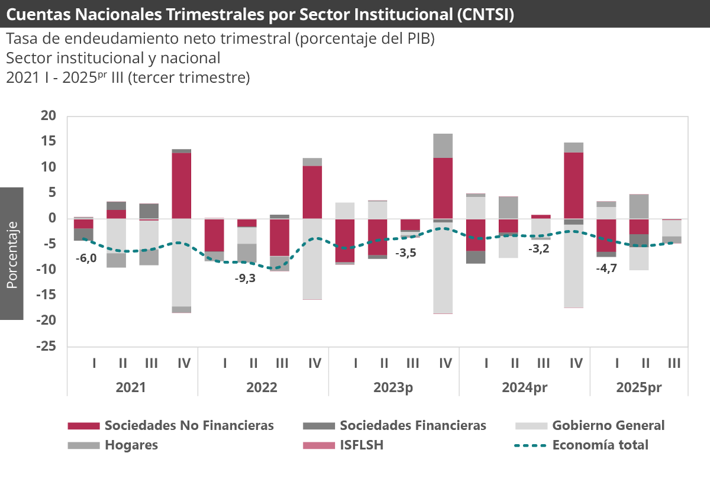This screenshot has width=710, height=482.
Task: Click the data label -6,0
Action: click(x=86, y=258)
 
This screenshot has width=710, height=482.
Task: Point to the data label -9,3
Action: click(x=245, y=278)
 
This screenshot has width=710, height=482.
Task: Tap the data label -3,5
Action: click(x=406, y=253)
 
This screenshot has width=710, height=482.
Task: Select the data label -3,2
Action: click(x=538, y=248)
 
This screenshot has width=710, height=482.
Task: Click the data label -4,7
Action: click(x=606, y=268)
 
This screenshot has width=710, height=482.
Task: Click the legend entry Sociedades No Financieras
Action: click(x=189, y=425)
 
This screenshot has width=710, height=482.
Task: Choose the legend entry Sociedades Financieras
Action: click(x=412, y=425)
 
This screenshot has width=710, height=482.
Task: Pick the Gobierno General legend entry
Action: click(x=608, y=425)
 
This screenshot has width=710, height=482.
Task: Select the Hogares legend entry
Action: click(x=131, y=445)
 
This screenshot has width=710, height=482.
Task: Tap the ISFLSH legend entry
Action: click(x=362, y=445)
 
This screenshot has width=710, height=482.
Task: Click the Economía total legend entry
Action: click(x=600, y=445)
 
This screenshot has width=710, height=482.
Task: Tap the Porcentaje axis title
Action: click(x=12, y=254)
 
